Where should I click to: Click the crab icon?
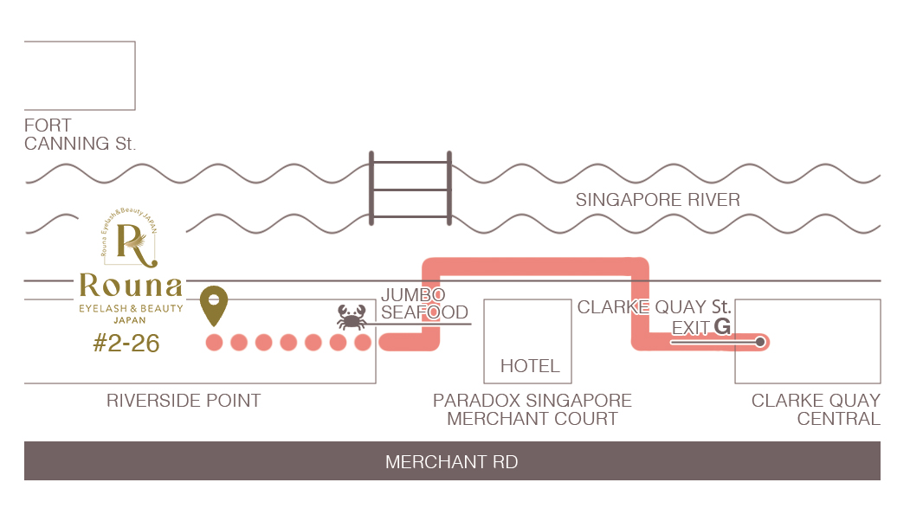click(352, 318)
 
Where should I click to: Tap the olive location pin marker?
click(214, 306)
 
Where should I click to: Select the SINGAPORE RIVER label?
click(657, 200)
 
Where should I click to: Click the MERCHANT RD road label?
click(451, 462)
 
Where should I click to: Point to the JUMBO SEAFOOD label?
click(423, 304)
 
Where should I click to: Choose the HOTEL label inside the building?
click(530, 366)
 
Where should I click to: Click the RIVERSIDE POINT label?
click(184, 401)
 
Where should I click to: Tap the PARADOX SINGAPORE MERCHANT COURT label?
click(532, 410)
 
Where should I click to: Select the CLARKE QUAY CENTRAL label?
click(816, 410)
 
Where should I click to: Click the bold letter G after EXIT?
click(722, 327)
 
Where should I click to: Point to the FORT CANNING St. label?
click(80, 135)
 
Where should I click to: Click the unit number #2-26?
click(126, 344)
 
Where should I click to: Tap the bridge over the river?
click(410, 188)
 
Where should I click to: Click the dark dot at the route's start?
click(760, 343)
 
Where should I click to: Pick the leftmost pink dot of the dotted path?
click(214, 343)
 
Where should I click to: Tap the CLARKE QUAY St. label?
click(654, 307)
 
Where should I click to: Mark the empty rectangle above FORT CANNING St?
click(80, 74)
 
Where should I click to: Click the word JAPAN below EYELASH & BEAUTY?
click(130, 319)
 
